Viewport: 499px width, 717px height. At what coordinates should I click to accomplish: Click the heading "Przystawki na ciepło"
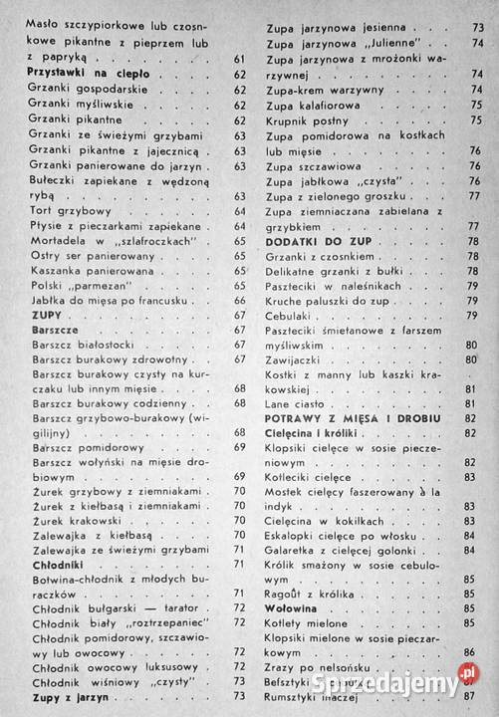tap(89, 75)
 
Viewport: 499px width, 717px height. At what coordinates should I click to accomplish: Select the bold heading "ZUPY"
tap(47, 314)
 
